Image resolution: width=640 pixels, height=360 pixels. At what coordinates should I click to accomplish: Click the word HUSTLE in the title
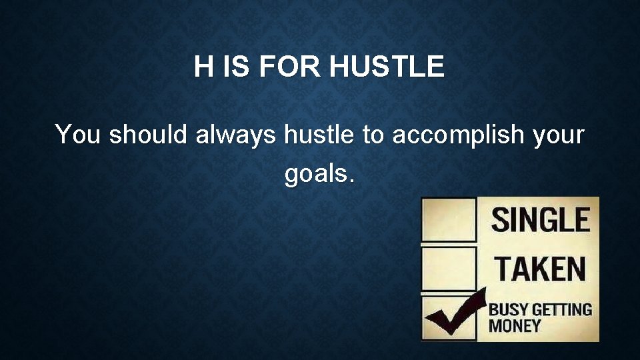click(x=387, y=67)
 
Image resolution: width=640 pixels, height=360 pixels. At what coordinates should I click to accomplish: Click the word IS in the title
click(x=233, y=67)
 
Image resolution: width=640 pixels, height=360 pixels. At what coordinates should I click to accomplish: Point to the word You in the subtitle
click(x=79, y=135)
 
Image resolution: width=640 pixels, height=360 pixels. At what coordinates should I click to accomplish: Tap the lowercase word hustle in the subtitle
click(x=319, y=135)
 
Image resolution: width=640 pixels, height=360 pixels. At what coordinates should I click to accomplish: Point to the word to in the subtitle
click(x=373, y=135)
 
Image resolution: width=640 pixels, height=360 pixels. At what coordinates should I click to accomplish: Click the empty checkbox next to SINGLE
click(x=449, y=219)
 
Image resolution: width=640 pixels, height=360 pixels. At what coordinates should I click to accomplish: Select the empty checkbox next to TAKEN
click(x=449, y=268)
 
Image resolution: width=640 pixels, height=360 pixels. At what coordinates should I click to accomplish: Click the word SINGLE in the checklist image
click(x=541, y=220)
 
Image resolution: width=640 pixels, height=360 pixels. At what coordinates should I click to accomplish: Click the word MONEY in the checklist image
click(x=515, y=326)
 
